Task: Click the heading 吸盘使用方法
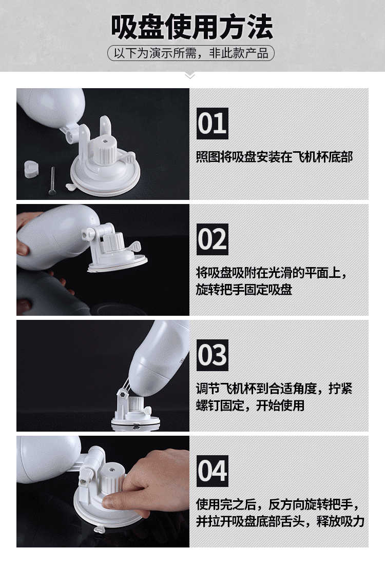192,27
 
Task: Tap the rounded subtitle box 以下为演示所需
191,53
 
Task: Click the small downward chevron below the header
190,76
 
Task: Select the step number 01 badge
213,124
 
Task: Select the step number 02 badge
213,239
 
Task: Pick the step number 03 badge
213,355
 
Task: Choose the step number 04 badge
213,471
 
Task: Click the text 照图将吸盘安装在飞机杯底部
275,157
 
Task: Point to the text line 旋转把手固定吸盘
244,290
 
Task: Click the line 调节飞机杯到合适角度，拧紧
275,388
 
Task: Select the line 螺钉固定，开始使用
250,405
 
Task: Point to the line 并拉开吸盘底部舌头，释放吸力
280,521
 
